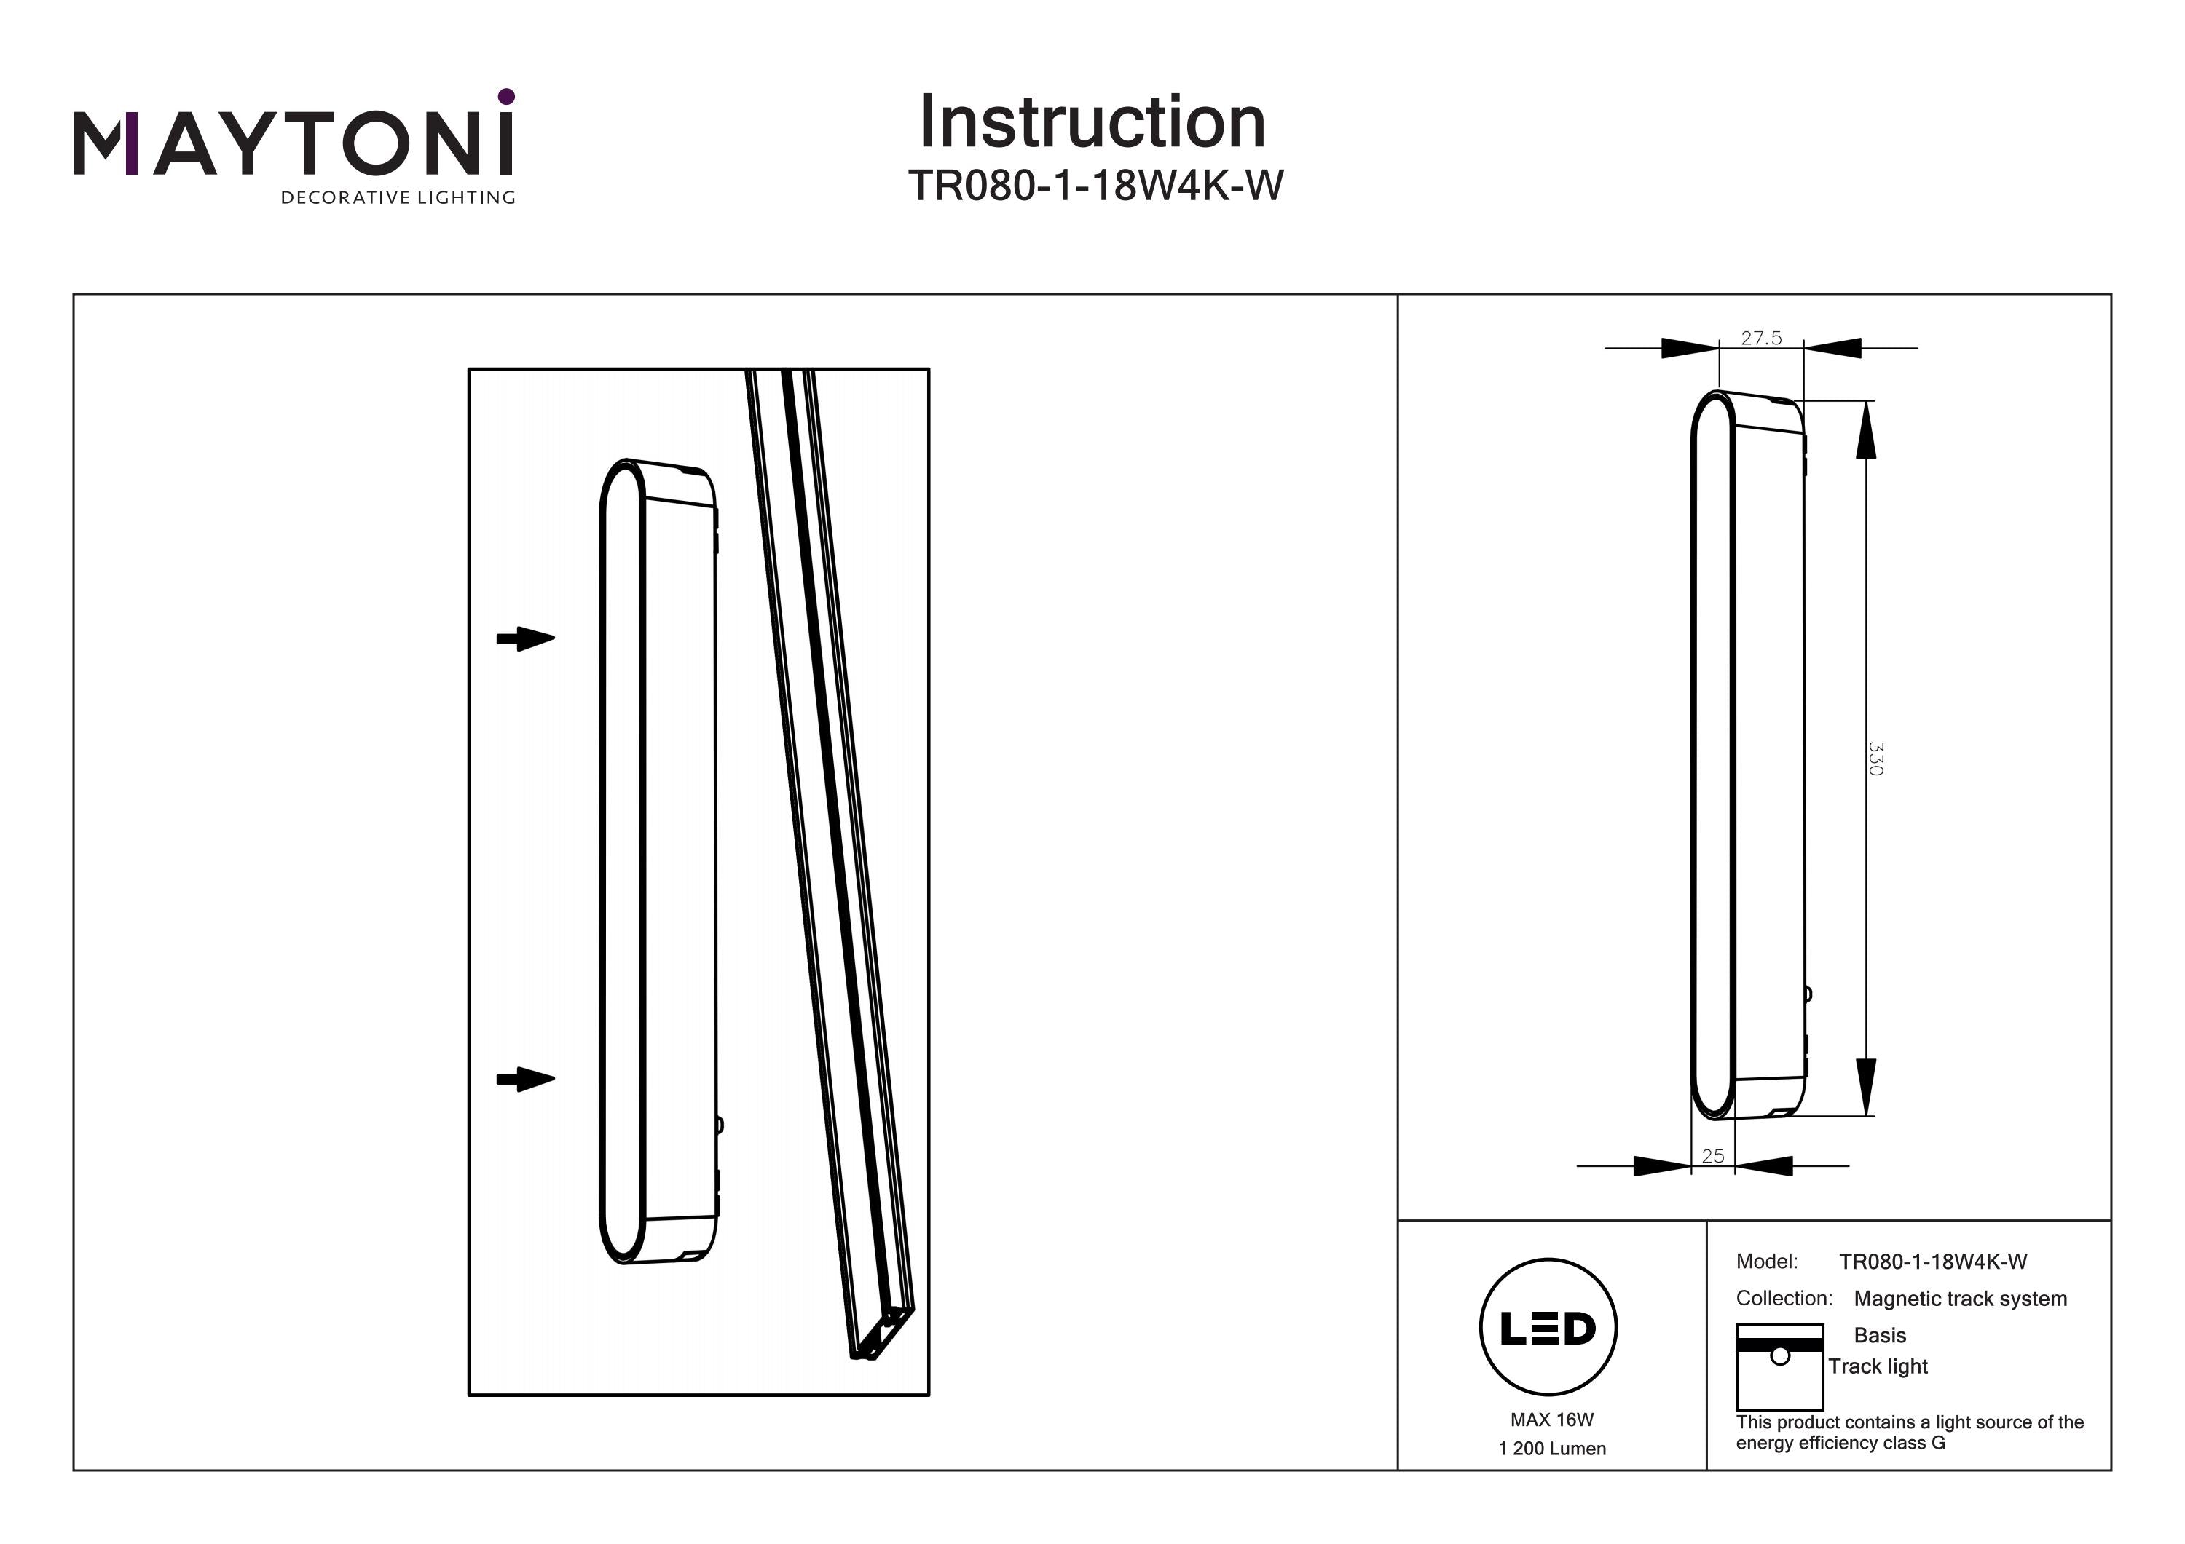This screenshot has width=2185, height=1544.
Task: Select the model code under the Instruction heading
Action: [1095, 186]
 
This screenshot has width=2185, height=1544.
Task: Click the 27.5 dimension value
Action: [1760, 339]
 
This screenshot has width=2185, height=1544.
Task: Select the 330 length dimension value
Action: [1875, 759]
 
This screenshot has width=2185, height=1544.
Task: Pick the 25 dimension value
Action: [1712, 1156]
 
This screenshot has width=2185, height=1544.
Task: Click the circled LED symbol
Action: [1548, 1328]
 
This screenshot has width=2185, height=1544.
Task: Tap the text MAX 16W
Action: [1551, 1420]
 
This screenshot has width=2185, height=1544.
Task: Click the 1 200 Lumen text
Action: [1551, 1449]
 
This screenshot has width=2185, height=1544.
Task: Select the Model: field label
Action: [1766, 1262]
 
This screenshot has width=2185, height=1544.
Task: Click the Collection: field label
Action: [1784, 1299]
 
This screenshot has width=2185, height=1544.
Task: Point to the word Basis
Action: [1880, 1336]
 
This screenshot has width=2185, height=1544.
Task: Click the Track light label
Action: [1878, 1366]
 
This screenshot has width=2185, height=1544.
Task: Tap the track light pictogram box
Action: [1779, 1367]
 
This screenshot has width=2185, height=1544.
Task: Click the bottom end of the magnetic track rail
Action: [881, 1336]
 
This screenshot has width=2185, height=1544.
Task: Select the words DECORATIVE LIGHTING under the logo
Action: [398, 198]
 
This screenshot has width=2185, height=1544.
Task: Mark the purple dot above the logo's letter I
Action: [506, 96]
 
